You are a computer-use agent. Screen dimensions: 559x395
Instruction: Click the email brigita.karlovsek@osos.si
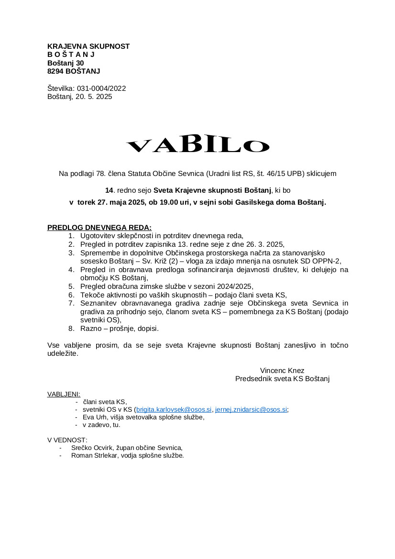tap(174, 409)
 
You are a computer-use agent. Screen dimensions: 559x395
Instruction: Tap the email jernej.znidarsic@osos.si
tap(251, 409)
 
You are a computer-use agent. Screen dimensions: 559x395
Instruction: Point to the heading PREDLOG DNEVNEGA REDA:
tap(99, 227)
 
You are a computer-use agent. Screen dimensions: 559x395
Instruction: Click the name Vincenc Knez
tap(282, 371)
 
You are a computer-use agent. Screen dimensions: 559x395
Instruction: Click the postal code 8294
tap(55, 71)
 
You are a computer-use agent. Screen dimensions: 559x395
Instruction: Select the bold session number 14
tap(109, 190)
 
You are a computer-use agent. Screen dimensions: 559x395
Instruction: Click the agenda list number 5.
tap(71, 286)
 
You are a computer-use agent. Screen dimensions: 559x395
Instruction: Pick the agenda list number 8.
tap(71, 329)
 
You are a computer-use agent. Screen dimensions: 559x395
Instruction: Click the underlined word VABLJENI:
tap(64, 394)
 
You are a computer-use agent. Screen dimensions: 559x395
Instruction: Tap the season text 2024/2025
tap(236, 286)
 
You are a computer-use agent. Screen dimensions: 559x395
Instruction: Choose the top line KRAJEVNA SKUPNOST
tap(88, 46)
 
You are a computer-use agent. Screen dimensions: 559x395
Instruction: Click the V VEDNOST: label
tap(67, 440)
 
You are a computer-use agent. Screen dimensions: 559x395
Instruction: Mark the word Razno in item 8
tap(90, 329)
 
